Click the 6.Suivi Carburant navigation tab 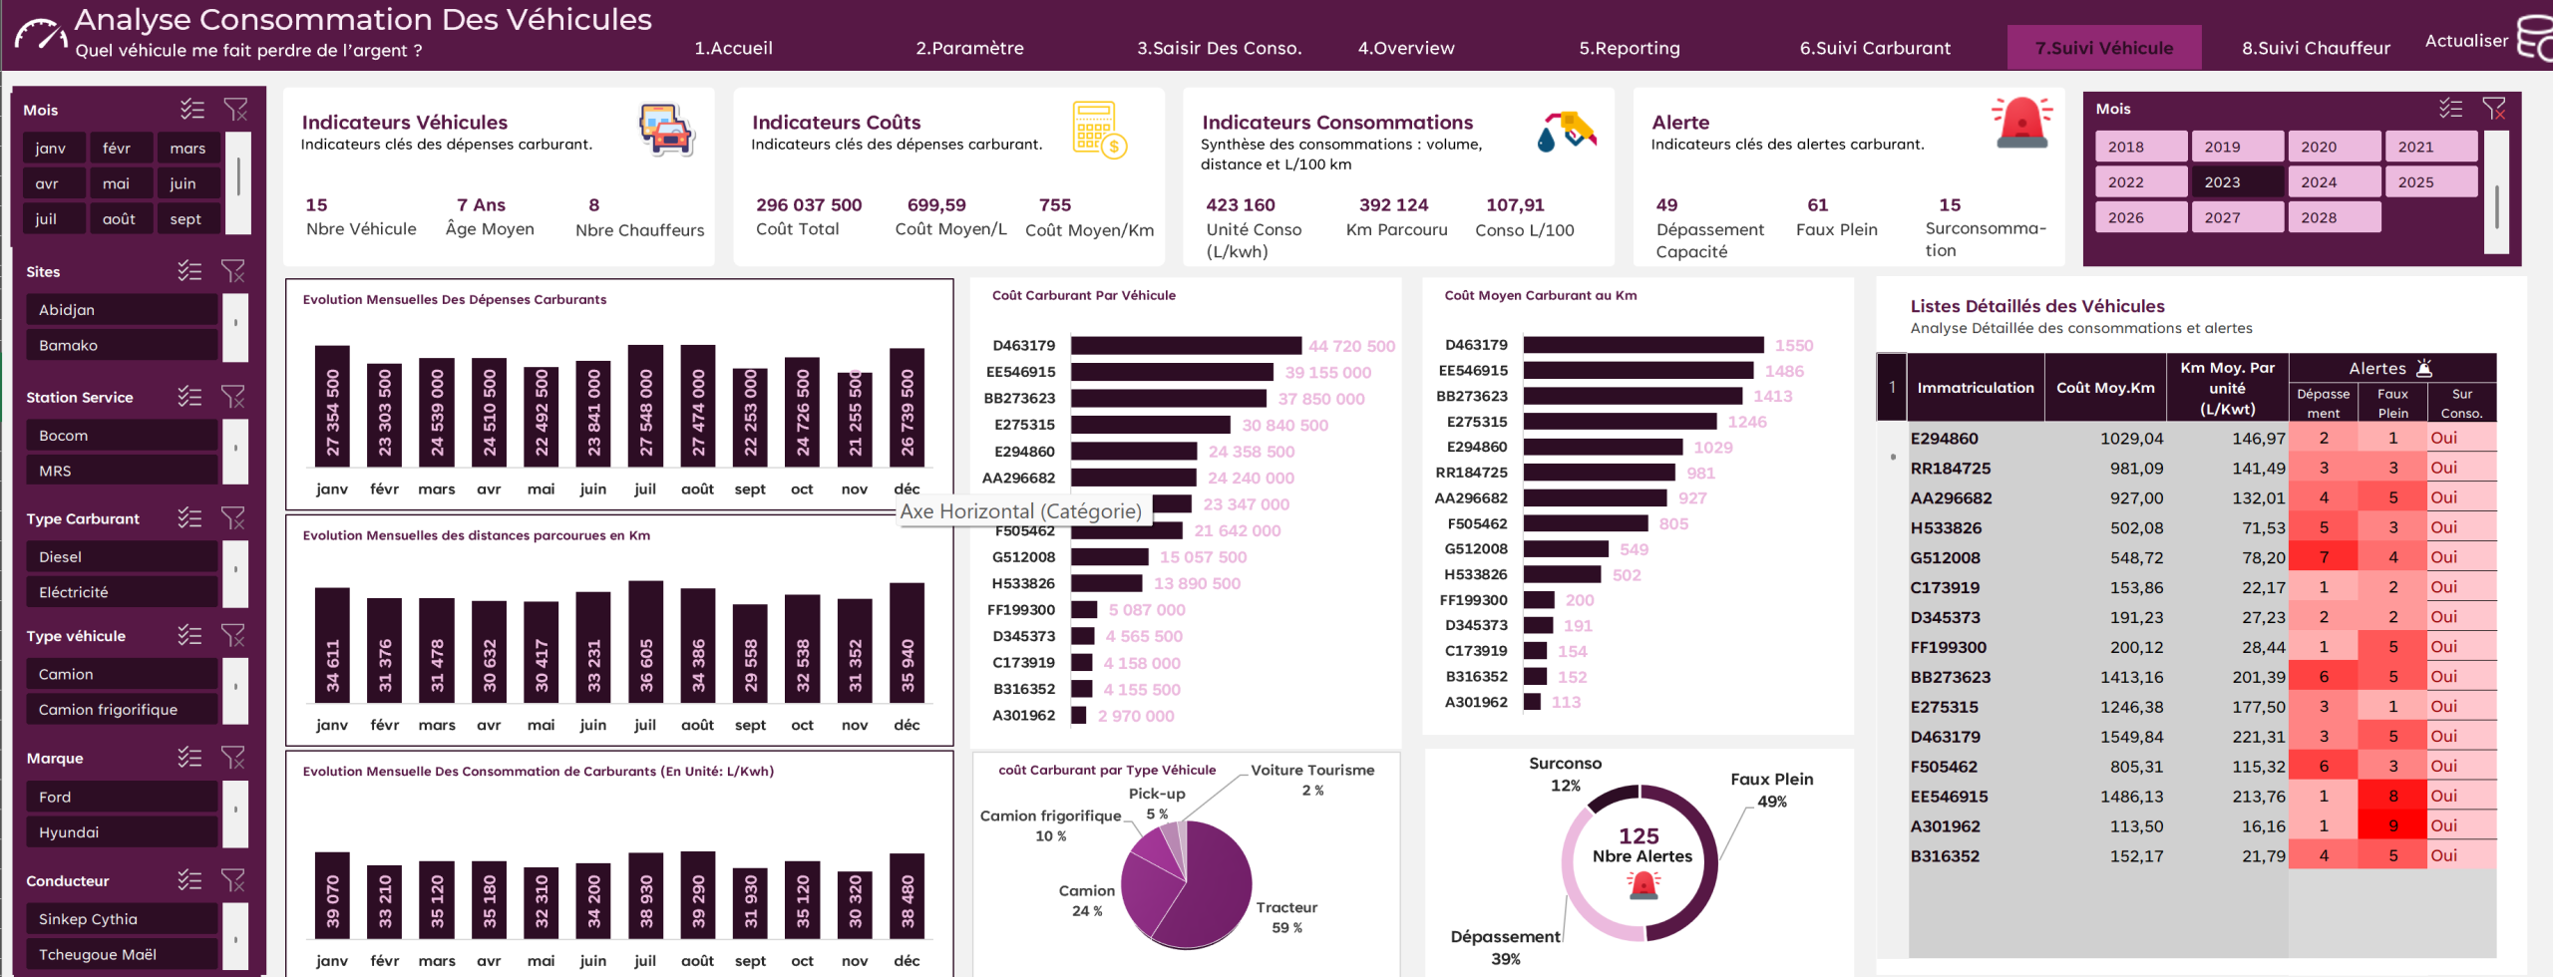pyautogui.click(x=1875, y=48)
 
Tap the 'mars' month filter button pyautogui.click(x=187, y=148)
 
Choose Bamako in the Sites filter pyautogui.click(x=122, y=345)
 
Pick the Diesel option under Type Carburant pyautogui.click(x=122, y=556)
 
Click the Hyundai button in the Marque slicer pyautogui.click(x=122, y=831)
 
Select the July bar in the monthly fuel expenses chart pyautogui.click(x=645, y=406)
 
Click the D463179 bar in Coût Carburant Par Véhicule pyautogui.click(x=1186, y=346)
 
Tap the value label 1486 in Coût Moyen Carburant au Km pyautogui.click(x=1784, y=371)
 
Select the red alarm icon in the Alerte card pyautogui.click(x=2022, y=123)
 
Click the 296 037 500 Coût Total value pyautogui.click(x=809, y=204)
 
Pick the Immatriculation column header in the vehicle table pyautogui.click(x=1975, y=387)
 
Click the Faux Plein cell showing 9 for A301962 pyautogui.click(x=2392, y=825)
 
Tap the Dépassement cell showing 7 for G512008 pyautogui.click(x=2324, y=557)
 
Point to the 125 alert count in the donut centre pyautogui.click(x=1639, y=835)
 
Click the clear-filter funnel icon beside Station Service pyautogui.click(x=232, y=397)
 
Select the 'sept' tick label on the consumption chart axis pyautogui.click(x=750, y=960)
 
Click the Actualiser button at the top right pyautogui.click(x=2466, y=41)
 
